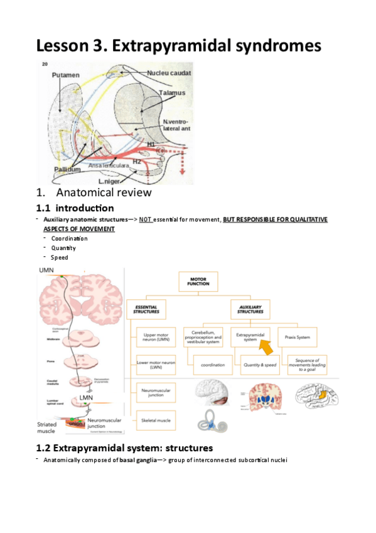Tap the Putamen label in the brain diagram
[x=66, y=75]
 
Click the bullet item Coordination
[x=69, y=238]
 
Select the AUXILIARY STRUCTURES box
[x=250, y=308]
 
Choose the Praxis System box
[x=297, y=336]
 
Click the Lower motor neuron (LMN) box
[x=154, y=363]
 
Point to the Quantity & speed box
[x=259, y=364]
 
